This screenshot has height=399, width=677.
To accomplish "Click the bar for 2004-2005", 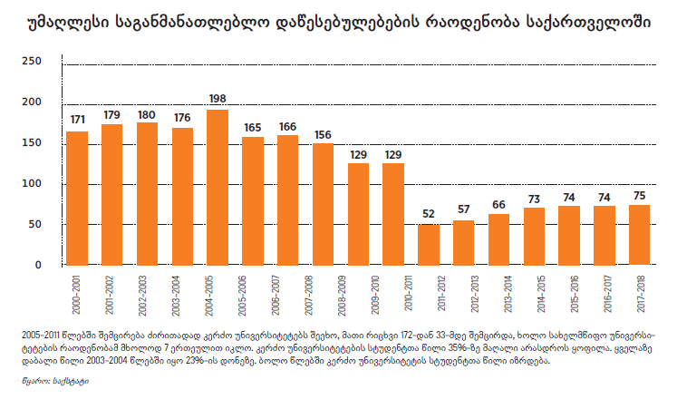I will [218, 188].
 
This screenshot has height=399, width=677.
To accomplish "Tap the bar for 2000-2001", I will [77, 199].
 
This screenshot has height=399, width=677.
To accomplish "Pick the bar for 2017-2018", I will [639, 236].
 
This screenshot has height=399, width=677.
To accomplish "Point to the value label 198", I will [218, 99].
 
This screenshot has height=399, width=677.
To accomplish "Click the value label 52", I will [429, 214].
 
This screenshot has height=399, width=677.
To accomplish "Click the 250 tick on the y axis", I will [32, 61].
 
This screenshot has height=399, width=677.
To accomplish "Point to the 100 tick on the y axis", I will [32, 184].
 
